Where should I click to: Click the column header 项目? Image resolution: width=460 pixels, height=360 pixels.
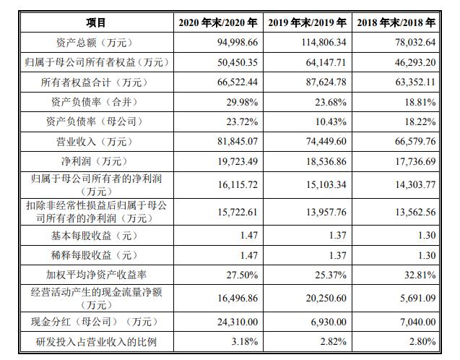(x=95, y=23)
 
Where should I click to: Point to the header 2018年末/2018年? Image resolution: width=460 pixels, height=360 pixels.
(x=398, y=23)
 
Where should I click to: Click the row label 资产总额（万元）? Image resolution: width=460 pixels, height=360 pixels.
(x=95, y=43)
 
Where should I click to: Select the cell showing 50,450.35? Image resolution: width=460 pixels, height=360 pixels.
(x=231, y=63)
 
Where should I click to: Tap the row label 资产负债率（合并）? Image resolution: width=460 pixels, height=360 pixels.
(x=95, y=102)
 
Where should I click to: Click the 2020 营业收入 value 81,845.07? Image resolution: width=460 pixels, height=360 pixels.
(x=231, y=142)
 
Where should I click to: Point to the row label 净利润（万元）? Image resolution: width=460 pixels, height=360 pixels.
(x=95, y=161)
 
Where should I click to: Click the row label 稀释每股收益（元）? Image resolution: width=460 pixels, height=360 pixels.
(x=95, y=255)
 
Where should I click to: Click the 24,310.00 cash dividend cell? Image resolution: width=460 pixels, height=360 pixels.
(x=231, y=322)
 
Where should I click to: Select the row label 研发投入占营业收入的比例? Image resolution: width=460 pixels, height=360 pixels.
(x=95, y=341)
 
